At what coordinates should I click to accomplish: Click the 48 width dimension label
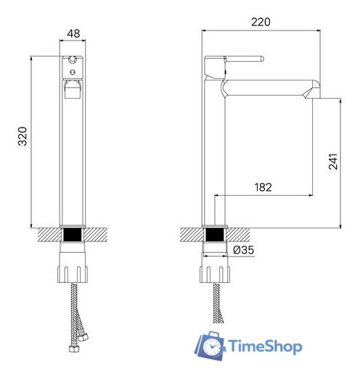coord(73,33)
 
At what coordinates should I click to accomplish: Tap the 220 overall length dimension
coord(261,22)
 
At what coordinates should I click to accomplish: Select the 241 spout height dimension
coord(333,163)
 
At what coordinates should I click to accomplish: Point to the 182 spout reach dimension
coord(263,187)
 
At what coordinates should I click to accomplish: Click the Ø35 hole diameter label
coord(244,251)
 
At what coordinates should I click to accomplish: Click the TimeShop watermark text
coord(265,347)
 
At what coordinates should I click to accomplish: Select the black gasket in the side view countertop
coord(216,236)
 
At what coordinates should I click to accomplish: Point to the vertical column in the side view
coord(215,159)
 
